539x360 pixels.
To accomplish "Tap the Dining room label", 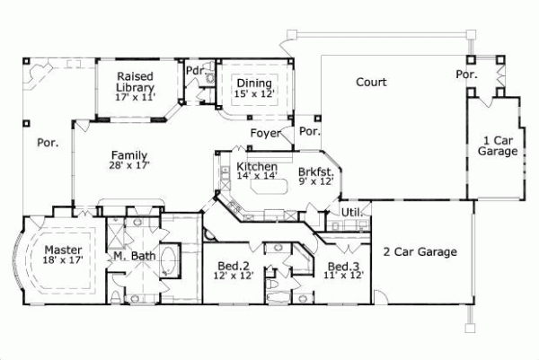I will click(x=254, y=83).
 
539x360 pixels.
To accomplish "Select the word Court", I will click(x=371, y=83).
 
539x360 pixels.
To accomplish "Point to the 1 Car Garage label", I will click(x=499, y=145).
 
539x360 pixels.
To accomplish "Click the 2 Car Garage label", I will click(x=420, y=251).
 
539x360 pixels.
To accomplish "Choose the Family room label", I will click(x=130, y=154).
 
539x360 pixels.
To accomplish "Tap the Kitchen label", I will click(x=256, y=168).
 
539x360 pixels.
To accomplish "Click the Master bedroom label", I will click(x=64, y=250).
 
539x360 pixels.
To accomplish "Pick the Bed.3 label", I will click(x=343, y=267).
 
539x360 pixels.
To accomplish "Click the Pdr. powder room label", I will click(x=193, y=70).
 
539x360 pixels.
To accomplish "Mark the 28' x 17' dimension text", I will click(x=130, y=165).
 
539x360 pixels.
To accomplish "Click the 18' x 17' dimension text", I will click(x=64, y=261).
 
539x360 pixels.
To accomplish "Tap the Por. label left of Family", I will click(x=47, y=142).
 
